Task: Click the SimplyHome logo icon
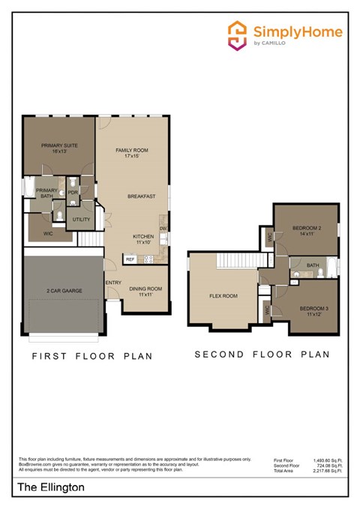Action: click(237, 35)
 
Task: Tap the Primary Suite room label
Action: click(59, 148)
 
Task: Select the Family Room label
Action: click(132, 153)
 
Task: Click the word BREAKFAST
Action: click(141, 196)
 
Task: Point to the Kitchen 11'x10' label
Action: click(143, 239)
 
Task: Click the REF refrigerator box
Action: click(130, 259)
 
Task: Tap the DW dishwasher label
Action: click(163, 228)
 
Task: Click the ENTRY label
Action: click(114, 283)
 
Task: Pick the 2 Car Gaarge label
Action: click(64, 290)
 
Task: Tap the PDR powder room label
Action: click(73, 192)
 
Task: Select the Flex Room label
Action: click(223, 296)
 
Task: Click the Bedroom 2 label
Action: click(307, 230)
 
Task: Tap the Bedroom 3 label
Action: click(313, 311)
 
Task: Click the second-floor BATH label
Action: click(312, 265)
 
